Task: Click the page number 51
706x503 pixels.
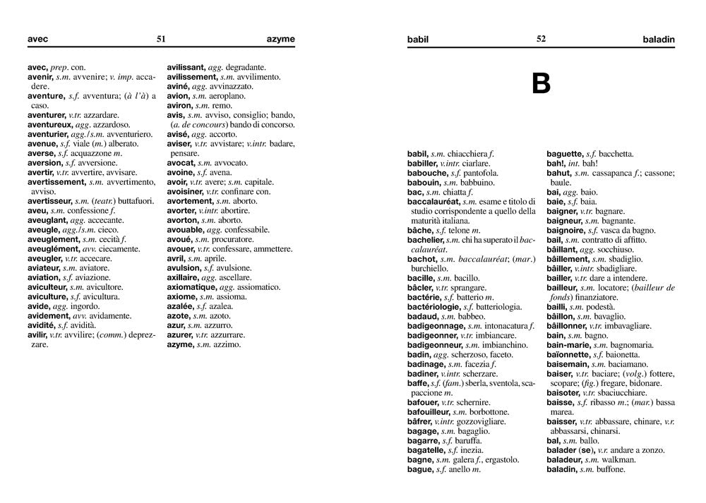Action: pyautogui.click(x=161, y=40)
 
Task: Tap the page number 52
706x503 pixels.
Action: pyautogui.click(x=541, y=40)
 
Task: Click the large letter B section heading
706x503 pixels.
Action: pyautogui.click(x=541, y=85)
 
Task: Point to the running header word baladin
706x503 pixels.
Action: pyautogui.click(x=659, y=40)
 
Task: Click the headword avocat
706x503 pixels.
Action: pyautogui.click(x=181, y=162)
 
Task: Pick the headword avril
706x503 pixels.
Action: pyautogui.click(x=176, y=258)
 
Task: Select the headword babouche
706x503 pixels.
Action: pyautogui.click(x=429, y=173)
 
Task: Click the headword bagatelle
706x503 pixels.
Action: pyautogui.click(x=426, y=449)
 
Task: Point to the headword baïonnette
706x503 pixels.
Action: pyautogui.click(x=569, y=354)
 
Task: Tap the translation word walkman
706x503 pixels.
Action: pyautogui.click(x=618, y=459)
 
